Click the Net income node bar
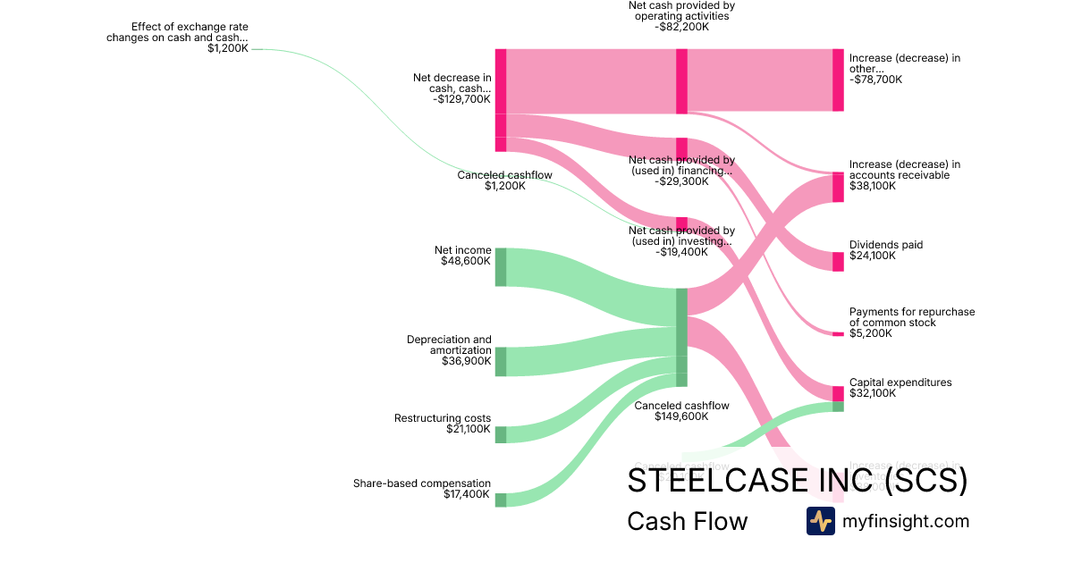tap(501, 267)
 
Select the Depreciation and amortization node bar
tap(501, 362)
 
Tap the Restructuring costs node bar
tap(501, 434)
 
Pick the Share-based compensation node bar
tap(501, 500)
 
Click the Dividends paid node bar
tap(838, 261)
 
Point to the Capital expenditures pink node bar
tap(838, 393)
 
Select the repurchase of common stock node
tap(838, 333)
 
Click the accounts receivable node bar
tap(838, 187)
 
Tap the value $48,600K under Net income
tap(465, 262)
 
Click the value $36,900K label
tap(465, 361)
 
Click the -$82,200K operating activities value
tap(681, 27)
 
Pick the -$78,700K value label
tap(875, 80)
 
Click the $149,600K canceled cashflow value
tap(681, 416)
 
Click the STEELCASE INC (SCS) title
tap(797, 481)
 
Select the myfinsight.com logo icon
tap(820, 521)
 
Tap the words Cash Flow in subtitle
tap(687, 521)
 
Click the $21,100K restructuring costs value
tap(468, 429)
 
